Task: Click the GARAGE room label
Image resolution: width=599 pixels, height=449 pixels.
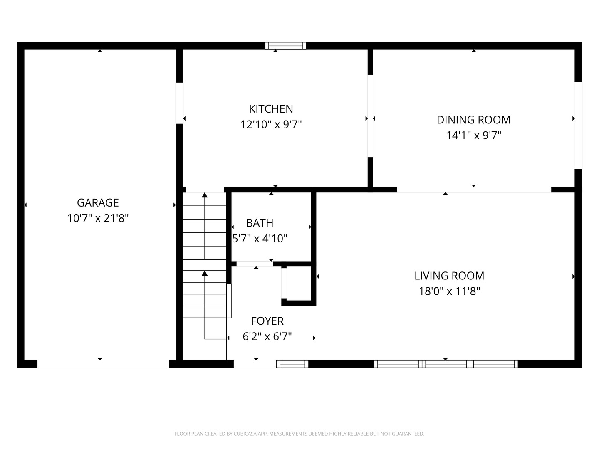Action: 98,202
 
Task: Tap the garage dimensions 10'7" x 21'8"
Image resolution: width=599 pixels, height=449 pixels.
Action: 98,218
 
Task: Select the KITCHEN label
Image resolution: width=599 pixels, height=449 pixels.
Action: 271,109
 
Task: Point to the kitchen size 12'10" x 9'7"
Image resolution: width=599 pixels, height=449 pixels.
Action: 271,124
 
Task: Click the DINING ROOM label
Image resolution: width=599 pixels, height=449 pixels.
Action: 473,120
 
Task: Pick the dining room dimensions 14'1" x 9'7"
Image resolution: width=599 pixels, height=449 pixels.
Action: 473,136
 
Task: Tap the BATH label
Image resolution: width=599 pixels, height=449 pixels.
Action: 260,223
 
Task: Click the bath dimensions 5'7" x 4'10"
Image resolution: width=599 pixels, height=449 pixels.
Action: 260,239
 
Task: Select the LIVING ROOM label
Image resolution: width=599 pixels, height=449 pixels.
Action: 449,276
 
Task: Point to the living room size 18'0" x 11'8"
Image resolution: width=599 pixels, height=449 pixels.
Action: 449,291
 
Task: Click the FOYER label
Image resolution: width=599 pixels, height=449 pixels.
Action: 267,321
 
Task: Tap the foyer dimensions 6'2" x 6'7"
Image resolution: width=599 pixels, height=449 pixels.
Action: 267,336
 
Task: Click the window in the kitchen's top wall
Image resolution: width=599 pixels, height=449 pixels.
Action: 286,46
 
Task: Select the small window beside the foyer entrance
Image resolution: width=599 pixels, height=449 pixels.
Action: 292,364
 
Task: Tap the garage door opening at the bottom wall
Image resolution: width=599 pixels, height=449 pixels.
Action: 103,364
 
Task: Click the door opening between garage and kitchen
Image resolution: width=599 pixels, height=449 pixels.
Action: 179,103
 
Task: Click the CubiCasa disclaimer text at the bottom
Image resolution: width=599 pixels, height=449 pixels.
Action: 299,434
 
